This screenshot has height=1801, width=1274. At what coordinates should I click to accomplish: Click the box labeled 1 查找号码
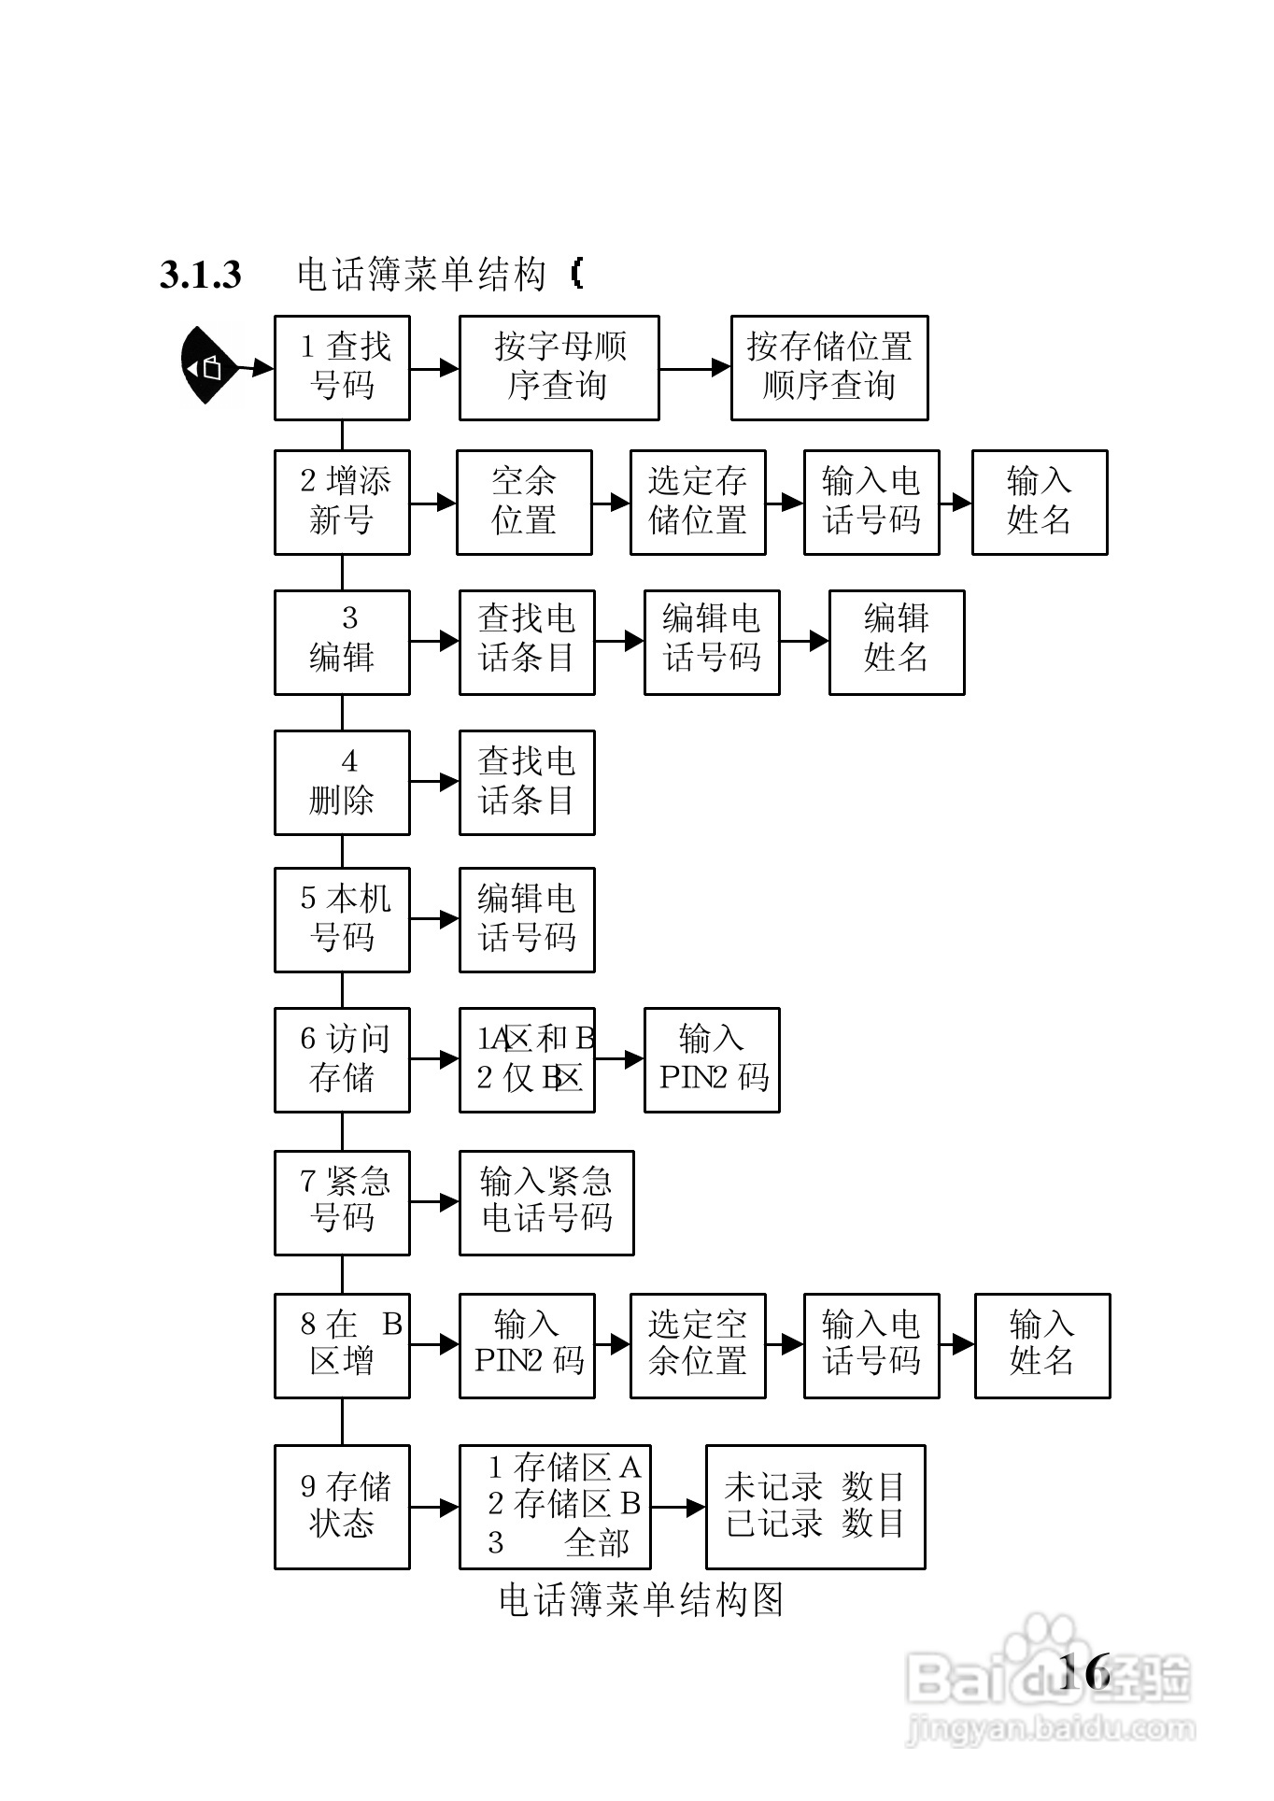tap(342, 367)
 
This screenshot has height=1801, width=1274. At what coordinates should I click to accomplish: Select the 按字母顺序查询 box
tap(559, 367)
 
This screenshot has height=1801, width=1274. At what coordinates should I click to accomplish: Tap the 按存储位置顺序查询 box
tap(828, 367)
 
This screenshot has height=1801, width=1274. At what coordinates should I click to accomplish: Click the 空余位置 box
tap(524, 503)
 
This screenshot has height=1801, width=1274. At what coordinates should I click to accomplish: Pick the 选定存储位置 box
tap(698, 503)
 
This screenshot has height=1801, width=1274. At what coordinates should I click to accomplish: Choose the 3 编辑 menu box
tap(342, 642)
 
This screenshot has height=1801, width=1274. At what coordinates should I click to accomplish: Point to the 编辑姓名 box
tap(896, 642)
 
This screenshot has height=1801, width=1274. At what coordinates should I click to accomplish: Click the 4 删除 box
tap(342, 782)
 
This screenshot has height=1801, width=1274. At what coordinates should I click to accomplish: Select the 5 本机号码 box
tap(342, 919)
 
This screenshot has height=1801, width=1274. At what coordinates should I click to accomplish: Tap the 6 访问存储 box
tap(342, 1059)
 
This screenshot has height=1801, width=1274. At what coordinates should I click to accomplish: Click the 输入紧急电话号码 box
tap(546, 1202)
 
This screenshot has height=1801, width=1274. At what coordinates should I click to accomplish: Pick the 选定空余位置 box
tap(698, 1345)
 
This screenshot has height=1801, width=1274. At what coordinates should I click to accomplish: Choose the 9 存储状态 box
tap(342, 1506)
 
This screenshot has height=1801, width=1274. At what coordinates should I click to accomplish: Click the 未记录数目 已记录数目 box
tap(815, 1506)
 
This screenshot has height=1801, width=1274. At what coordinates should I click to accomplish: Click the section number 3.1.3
tap(201, 275)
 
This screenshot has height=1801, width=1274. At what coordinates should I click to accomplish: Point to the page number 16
tap(1084, 1670)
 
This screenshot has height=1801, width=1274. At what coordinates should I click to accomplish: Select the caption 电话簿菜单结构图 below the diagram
tap(641, 1600)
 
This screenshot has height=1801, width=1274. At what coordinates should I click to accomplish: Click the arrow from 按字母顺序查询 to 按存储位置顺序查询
tap(695, 368)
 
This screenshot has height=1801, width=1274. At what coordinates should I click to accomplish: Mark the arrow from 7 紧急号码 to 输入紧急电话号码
tap(434, 1202)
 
